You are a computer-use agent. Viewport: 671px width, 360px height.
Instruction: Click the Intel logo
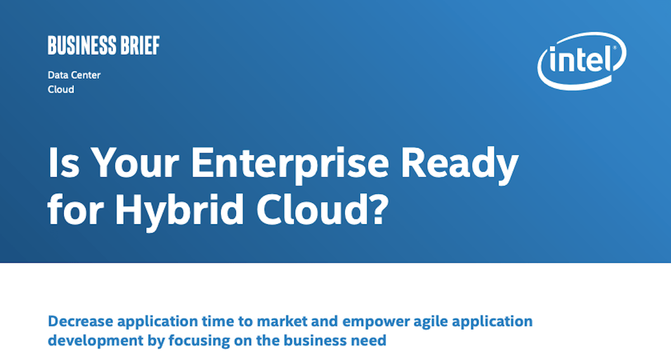click(x=582, y=60)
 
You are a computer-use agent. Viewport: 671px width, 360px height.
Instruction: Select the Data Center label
click(x=74, y=75)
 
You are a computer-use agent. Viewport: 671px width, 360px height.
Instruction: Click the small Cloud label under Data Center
click(x=61, y=89)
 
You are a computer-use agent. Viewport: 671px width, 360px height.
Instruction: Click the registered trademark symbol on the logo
click(x=615, y=49)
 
